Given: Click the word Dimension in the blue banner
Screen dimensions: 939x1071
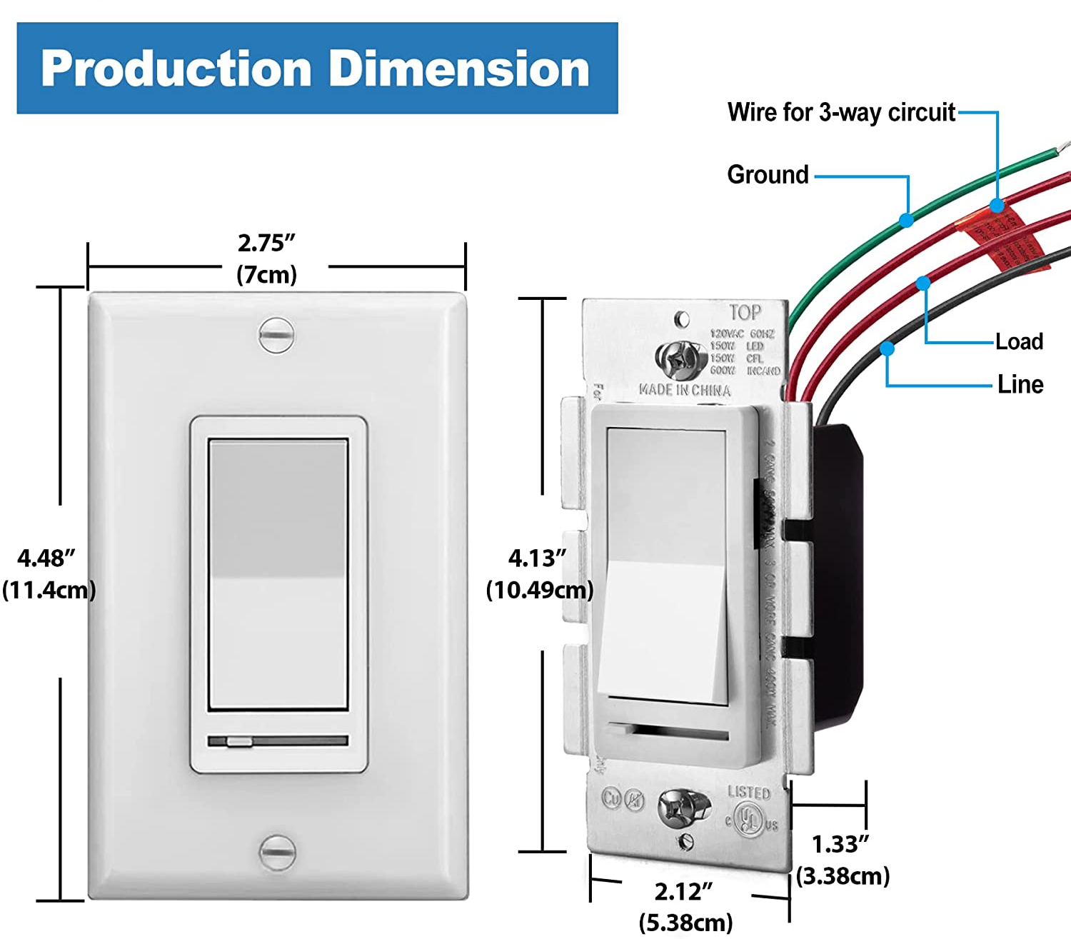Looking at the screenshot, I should tap(459, 69).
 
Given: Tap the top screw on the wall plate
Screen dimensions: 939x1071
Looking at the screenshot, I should tap(276, 335).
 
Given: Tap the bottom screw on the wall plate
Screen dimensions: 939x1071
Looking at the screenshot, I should tap(276, 851).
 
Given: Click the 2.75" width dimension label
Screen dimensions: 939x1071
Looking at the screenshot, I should tap(266, 243).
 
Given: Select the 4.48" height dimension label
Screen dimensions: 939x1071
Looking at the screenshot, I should tap(46, 558).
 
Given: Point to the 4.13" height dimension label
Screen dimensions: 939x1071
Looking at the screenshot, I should tap(537, 558).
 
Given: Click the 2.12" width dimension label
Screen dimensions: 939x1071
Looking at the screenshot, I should tap(683, 892).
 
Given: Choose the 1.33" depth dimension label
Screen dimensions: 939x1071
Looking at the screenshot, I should tap(840, 845).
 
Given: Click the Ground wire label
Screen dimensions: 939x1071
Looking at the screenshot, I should tap(768, 175).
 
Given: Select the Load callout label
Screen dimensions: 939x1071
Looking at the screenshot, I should tap(1020, 342).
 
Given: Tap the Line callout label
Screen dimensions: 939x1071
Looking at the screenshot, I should tap(1020, 385).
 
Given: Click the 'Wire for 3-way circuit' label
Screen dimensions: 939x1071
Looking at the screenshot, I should tap(841, 113).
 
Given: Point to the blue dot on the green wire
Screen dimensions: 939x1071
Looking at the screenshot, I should tap(906, 220).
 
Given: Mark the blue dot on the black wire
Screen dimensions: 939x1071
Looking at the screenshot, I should tap(887, 348).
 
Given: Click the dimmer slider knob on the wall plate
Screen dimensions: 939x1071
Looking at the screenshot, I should tap(239, 742).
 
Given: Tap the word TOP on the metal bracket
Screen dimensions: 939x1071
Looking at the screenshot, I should tap(745, 313).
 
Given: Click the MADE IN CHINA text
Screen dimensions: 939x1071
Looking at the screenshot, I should tap(685, 391).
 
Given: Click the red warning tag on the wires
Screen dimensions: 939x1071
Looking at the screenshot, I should tap(1007, 239).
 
